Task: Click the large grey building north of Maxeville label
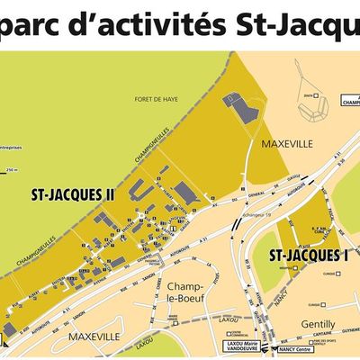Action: pyautogui.click(x=244, y=109)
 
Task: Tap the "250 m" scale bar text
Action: pyautogui.click(x=11, y=170)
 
